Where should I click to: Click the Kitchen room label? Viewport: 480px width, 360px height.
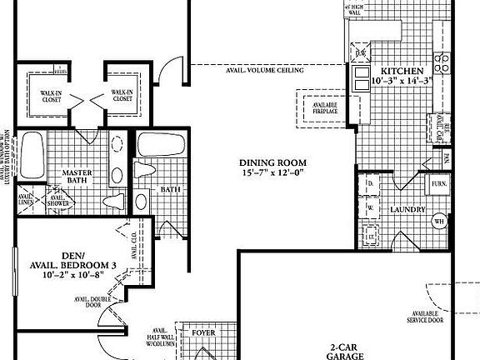tap(402, 71)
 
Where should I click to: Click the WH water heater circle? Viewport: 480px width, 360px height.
tap(439, 222)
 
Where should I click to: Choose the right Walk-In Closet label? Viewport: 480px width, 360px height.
tap(122, 96)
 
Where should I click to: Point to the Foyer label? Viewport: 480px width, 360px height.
tap(203, 332)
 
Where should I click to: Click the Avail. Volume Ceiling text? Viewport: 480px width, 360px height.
tap(263, 70)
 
